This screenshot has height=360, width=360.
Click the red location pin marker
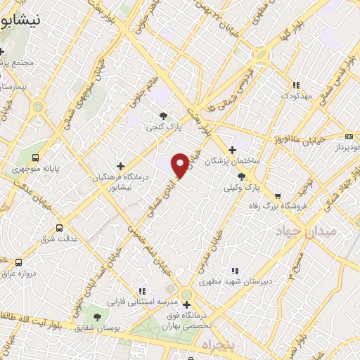point(181,165)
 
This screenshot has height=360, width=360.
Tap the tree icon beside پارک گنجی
point(163,116)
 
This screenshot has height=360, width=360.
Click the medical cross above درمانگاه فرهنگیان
point(120,166)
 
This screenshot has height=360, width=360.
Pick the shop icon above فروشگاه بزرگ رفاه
point(278,196)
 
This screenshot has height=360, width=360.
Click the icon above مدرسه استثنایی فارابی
point(142,291)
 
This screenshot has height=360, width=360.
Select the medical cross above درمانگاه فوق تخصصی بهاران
point(186,304)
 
